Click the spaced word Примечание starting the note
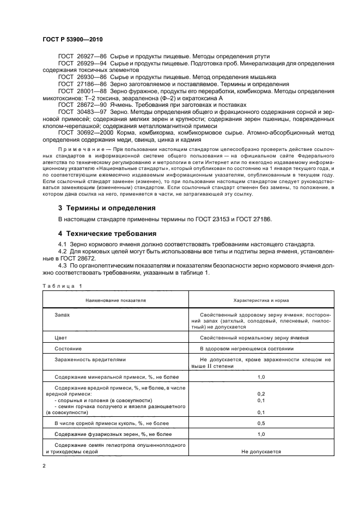[x=78, y=149]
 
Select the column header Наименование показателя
[x=115, y=300]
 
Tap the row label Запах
[x=62, y=315]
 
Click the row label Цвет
[x=61, y=338]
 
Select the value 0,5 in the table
[x=261, y=423]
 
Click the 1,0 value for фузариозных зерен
[x=261, y=434]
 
